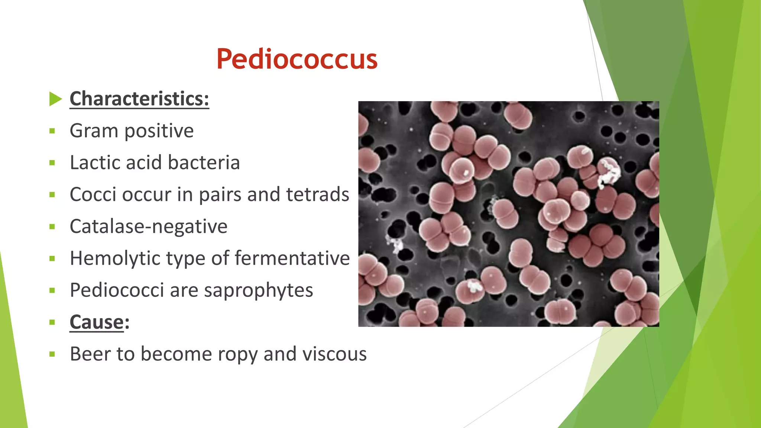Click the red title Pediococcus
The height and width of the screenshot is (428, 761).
[x=297, y=59]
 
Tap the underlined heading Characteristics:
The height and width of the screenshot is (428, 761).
[x=139, y=99]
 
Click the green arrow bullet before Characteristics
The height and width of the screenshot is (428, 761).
[x=55, y=99]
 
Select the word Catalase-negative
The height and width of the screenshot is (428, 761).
[x=148, y=227]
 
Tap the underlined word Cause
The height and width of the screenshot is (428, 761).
[x=96, y=322]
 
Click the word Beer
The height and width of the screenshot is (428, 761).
[x=90, y=354]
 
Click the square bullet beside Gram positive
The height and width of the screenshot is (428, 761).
[x=52, y=131]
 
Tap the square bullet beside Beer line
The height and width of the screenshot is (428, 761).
[x=52, y=354]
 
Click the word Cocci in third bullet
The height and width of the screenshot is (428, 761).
[x=93, y=195]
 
